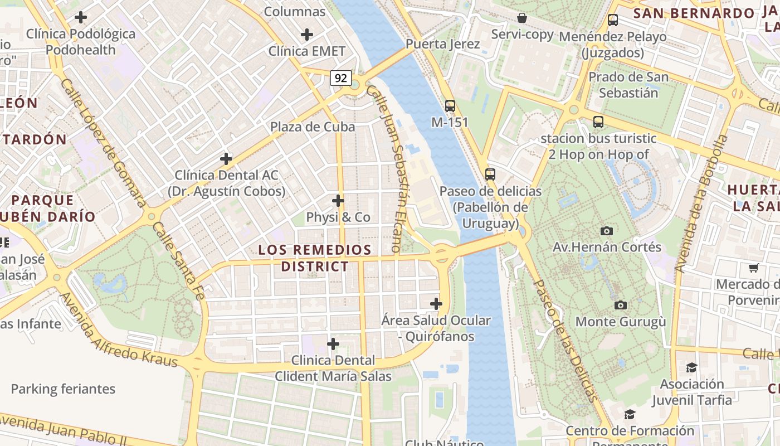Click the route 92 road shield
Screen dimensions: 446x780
coord(341,78)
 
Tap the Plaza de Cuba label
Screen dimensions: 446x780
coord(313,127)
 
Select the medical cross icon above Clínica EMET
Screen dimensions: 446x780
coord(307,35)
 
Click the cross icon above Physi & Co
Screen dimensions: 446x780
coord(338,201)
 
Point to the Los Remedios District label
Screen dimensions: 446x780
coord(315,258)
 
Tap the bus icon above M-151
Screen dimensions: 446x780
coord(450,105)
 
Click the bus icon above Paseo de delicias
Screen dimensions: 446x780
coord(490,174)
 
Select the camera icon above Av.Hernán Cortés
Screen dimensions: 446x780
coord(607,231)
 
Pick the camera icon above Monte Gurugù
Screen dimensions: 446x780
coord(621,305)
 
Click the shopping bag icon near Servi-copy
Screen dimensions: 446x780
coord(522,18)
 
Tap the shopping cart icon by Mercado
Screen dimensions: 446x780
coord(754,268)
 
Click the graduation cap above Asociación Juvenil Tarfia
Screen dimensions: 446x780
coord(691,367)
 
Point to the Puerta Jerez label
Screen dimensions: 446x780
coord(443,44)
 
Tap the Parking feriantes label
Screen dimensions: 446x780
coord(63,389)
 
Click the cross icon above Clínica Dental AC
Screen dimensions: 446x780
coord(226,159)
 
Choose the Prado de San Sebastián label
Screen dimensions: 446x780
coord(628,84)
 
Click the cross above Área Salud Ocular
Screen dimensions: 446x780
coord(436,304)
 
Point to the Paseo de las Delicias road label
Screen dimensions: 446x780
coord(566,340)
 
